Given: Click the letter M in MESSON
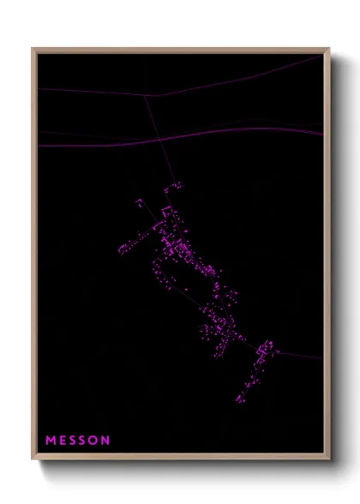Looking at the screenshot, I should (51, 441).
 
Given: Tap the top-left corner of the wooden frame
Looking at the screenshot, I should (33, 49).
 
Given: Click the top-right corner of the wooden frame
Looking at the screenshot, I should (329, 49).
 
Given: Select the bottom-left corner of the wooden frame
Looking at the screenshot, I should (33, 460).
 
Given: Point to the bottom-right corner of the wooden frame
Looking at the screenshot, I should (329, 460).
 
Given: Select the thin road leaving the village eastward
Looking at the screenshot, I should (300, 355).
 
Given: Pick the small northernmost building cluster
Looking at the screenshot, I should (139, 203).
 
